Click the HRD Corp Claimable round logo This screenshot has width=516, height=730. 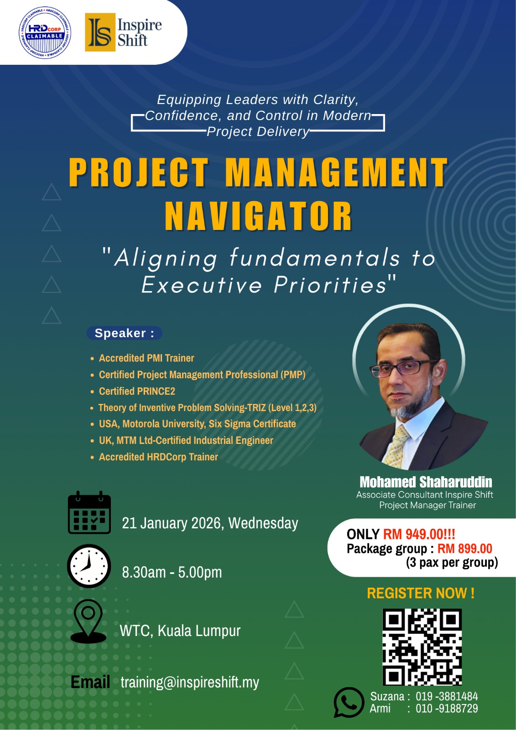click(x=45, y=33)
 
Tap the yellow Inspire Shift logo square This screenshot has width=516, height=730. click(x=100, y=32)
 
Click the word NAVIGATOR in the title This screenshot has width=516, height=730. click(x=258, y=216)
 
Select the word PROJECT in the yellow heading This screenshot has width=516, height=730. click(x=138, y=172)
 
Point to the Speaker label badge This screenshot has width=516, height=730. click(x=124, y=333)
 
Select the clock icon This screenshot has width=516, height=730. click(x=89, y=566)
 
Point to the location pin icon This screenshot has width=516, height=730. click(x=89, y=621)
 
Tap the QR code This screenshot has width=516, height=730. click(x=422, y=647)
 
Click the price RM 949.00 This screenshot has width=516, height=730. click(x=419, y=534)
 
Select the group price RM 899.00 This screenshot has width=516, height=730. click(x=465, y=548)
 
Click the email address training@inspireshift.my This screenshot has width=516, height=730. click(x=190, y=682)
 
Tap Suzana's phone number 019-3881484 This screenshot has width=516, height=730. click(x=447, y=696)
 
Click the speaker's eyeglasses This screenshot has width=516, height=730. click(x=403, y=368)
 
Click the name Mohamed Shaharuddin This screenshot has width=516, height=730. click(x=426, y=482)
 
